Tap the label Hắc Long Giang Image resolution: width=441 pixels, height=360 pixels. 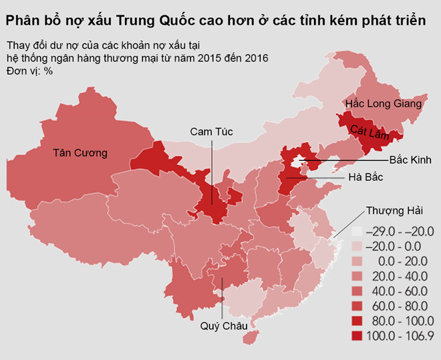point(384,104)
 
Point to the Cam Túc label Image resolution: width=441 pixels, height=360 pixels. point(212,132)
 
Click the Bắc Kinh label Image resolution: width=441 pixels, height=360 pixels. point(411,160)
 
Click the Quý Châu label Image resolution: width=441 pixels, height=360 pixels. point(224,327)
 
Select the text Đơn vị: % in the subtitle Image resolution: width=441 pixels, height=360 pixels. point(29,71)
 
